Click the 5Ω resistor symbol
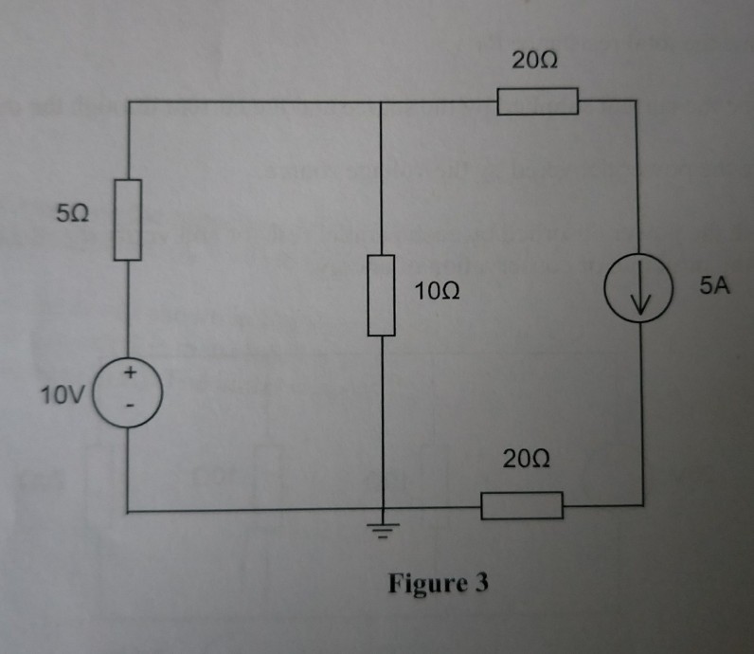(x=128, y=219)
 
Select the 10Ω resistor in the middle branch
(x=381, y=295)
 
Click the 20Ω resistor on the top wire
(x=537, y=100)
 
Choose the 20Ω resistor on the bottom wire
(x=522, y=505)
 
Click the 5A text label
(x=716, y=284)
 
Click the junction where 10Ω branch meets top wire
(x=381, y=101)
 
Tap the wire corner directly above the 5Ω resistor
(x=128, y=101)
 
